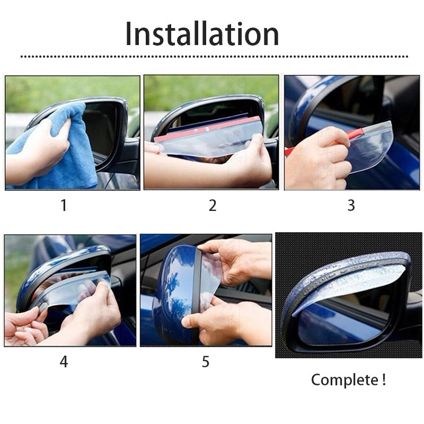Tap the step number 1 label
coord(64,205)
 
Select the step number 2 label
coord(213,205)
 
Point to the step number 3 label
coord(351,205)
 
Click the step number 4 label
coord(64,362)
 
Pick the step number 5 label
coord(206,362)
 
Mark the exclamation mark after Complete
coord(383,380)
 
